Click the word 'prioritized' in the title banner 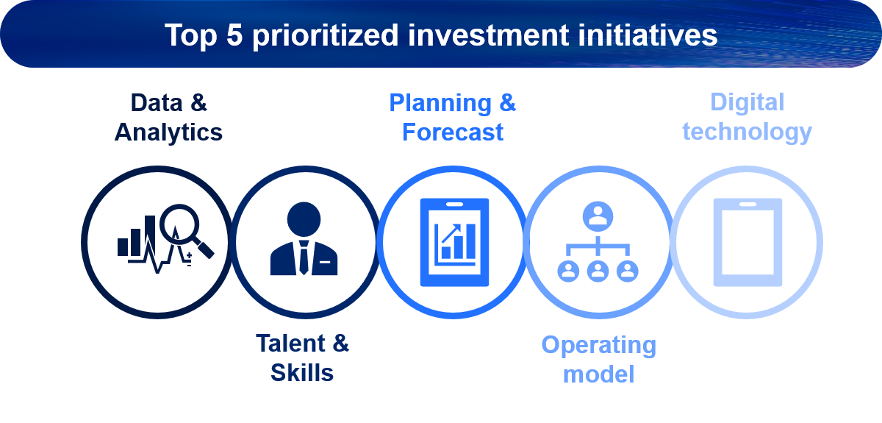(x=325, y=36)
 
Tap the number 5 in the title (x=234, y=35)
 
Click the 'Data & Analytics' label (x=168, y=118)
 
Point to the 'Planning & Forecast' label (x=453, y=118)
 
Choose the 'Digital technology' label (x=747, y=117)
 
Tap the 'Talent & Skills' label (x=302, y=358)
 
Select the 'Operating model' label (x=598, y=359)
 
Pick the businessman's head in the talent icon (x=304, y=219)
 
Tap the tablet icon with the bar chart (x=454, y=242)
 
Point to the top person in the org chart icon (x=598, y=216)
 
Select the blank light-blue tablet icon (x=747, y=242)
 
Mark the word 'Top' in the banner (x=191, y=36)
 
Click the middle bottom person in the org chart (x=598, y=271)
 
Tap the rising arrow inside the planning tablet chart (x=451, y=233)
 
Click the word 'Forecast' (x=453, y=132)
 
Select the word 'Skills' (x=302, y=372)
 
